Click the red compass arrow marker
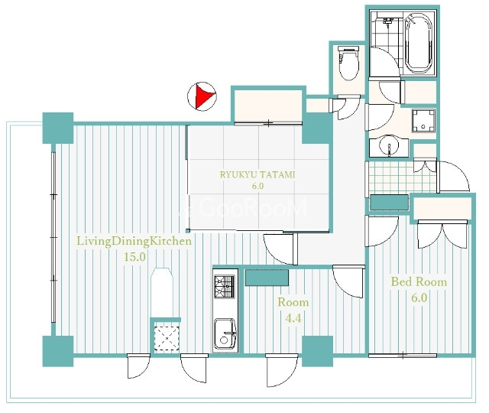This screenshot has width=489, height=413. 203,96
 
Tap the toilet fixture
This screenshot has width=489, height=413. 349,63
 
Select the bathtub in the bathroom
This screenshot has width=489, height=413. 419,43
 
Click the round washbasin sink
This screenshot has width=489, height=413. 389,146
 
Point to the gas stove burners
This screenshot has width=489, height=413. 225,287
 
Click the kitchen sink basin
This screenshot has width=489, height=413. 225,333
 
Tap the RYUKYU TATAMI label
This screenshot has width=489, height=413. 257,174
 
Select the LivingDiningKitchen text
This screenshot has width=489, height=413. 134,242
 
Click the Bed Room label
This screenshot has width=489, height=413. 419,282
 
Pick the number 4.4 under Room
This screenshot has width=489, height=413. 293,318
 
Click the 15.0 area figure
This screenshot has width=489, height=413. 135,257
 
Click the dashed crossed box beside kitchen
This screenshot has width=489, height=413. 167,338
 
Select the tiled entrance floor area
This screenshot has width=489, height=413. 402,177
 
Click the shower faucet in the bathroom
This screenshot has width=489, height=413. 387,21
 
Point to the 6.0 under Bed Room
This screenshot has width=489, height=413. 419,298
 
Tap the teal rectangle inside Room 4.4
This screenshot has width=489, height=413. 267,278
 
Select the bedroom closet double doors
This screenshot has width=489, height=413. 442,234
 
